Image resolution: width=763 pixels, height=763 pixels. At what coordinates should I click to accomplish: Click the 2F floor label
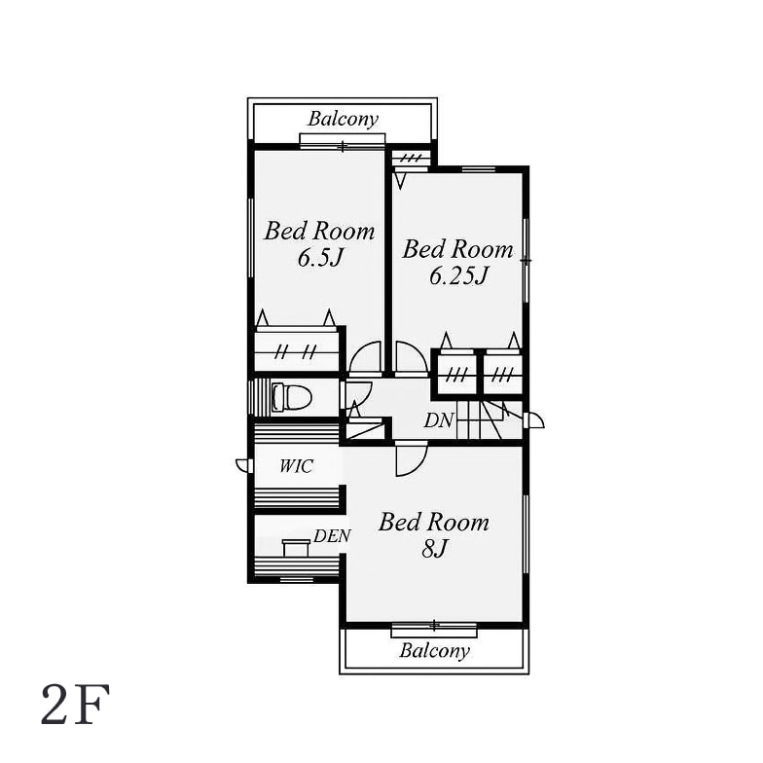pyautogui.click(x=76, y=705)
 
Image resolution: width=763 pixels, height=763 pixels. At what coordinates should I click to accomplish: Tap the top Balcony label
pyautogui.click(x=343, y=119)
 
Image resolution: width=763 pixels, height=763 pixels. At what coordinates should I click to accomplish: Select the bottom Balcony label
pyautogui.click(x=434, y=650)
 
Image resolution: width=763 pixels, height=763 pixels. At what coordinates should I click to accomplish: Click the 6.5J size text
pyautogui.click(x=321, y=258)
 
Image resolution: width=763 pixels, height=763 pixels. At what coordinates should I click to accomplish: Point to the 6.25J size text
pyautogui.click(x=458, y=276)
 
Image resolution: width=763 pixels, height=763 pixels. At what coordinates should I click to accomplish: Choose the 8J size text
pyautogui.click(x=434, y=549)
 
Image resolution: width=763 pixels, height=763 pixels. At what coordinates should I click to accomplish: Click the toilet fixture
pyautogui.click(x=292, y=397)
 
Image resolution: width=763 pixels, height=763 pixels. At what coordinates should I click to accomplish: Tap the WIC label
pyautogui.click(x=296, y=466)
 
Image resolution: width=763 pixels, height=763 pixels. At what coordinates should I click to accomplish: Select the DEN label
pyautogui.click(x=332, y=536)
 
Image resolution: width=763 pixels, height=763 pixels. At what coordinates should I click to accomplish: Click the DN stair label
pyautogui.click(x=439, y=420)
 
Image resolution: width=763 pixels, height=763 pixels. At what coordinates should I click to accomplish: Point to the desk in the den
pyautogui.click(x=296, y=547)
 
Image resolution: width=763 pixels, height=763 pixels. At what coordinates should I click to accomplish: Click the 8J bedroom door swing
pyautogui.click(x=412, y=459)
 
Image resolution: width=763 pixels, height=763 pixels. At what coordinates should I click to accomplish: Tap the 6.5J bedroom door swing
pyautogui.click(x=365, y=358)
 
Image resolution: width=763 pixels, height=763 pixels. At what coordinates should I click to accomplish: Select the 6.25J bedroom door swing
pyautogui.click(x=412, y=358)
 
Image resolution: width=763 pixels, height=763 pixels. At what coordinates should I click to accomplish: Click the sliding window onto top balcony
pyautogui.click(x=343, y=140)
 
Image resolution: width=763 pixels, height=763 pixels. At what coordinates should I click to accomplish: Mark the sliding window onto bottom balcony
pyautogui.click(x=434, y=630)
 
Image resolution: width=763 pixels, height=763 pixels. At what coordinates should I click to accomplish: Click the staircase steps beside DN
pyautogui.click(x=489, y=420)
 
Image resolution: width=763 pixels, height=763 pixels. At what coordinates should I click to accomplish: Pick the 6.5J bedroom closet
pyautogui.click(x=296, y=350)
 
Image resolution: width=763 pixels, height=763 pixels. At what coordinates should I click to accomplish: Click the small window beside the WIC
pyautogui.click(x=244, y=465)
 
